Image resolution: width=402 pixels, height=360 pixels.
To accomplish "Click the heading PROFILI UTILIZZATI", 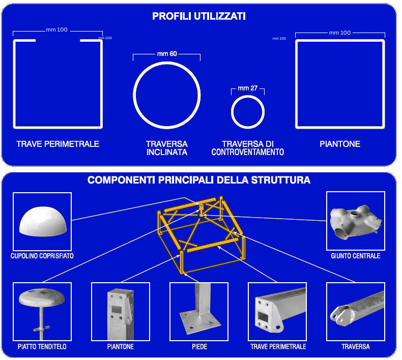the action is pyautogui.click(x=199, y=16).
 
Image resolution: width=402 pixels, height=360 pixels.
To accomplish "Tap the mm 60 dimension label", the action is pyautogui.click(x=167, y=53).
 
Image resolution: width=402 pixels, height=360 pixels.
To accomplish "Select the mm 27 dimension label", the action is pyautogui.click(x=248, y=88).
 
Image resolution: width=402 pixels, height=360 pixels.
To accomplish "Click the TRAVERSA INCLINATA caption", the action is pyautogui.click(x=167, y=148).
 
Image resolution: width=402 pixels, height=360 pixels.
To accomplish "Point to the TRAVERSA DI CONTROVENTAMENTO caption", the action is pyautogui.click(x=248, y=148).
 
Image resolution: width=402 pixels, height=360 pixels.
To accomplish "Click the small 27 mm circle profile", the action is pyautogui.click(x=232, y=112).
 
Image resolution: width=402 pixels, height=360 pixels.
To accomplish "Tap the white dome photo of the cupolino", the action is pyautogui.click(x=43, y=221).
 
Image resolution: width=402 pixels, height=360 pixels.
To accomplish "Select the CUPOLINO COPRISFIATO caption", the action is pyautogui.click(x=42, y=256).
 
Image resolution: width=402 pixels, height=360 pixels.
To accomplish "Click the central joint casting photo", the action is pyautogui.click(x=355, y=222).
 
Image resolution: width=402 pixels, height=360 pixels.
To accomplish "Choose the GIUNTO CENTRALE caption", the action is pyautogui.click(x=356, y=256).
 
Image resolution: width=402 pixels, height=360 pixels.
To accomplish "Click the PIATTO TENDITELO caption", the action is pyautogui.click(x=42, y=347).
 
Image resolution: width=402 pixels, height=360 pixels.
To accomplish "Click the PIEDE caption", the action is pyautogui.click(x=199, y=347).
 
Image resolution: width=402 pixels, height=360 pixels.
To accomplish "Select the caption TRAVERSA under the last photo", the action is pyautogui.click(x=356, y=347).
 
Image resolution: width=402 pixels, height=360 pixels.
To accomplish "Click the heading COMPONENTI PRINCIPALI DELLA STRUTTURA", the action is pyautogui.click(x=199, y=180).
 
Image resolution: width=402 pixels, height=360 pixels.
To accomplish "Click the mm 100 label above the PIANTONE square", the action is pyautogui.click(x=340, y=33).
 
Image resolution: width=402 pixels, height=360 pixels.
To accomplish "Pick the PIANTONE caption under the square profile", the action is pyautogui.click(x=340, y=144).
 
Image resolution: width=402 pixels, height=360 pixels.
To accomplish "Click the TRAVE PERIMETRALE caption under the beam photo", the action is pyautogui.click(x=278, y=347).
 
